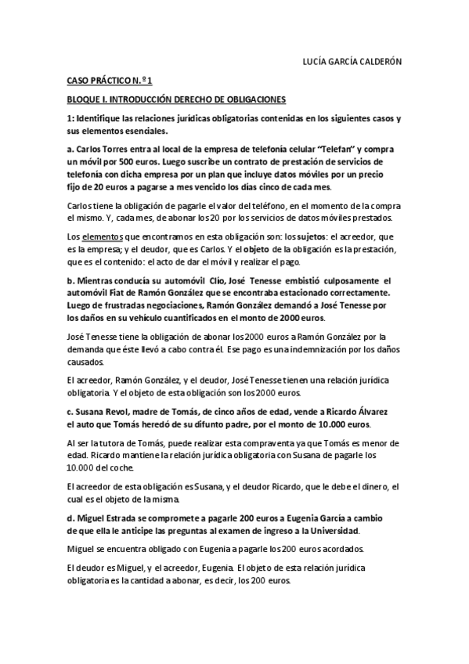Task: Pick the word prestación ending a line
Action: [x=374, y=248]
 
